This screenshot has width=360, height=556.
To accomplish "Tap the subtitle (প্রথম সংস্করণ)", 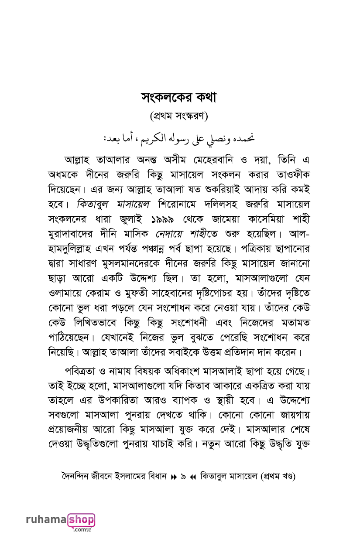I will [x=179, y=116].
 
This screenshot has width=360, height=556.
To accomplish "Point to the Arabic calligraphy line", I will [x=179, y=138].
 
